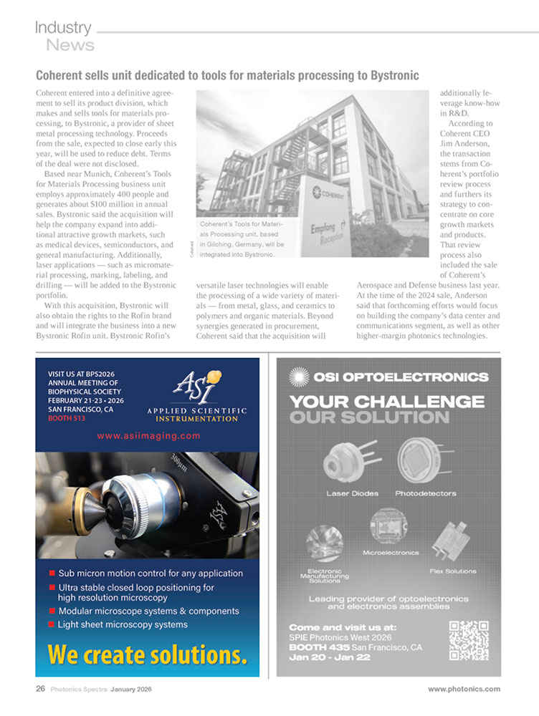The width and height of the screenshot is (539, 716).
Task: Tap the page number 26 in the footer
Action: point(41,689)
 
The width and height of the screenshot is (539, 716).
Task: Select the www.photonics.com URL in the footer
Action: point(464,689)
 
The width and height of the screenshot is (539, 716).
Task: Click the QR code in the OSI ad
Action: point(469,640)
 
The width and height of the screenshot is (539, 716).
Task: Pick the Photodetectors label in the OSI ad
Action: point(425,493)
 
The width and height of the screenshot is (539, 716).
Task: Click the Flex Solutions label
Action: point(452,571)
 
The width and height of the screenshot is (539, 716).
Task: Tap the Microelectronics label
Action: point(391,552)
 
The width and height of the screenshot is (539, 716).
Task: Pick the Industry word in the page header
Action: point(63,28)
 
